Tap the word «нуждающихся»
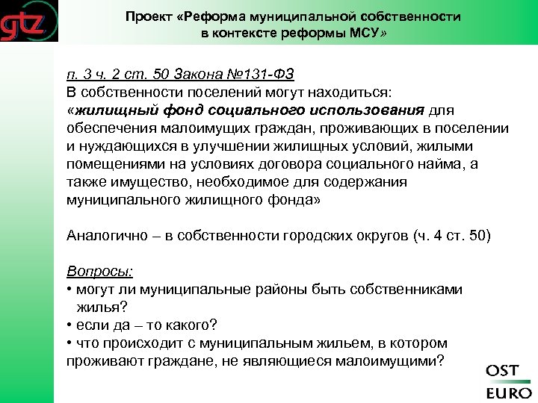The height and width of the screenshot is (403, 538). coord(127,146)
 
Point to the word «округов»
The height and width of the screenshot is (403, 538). coord(377,236)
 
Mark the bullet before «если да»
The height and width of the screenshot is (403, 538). coord(69,325)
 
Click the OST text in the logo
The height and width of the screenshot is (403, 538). coord(503,371)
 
